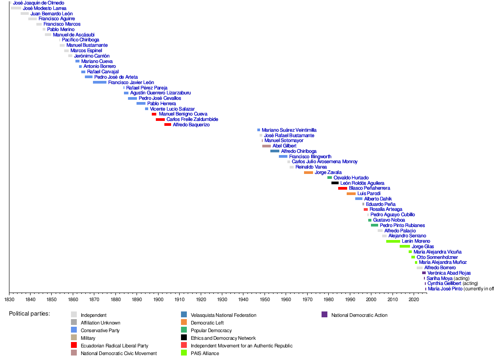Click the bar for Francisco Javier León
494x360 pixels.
coord(100,82)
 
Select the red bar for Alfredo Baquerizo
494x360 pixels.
coord(168,124)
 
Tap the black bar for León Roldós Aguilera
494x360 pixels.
coord(335,183)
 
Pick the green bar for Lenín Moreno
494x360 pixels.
coord(393,241)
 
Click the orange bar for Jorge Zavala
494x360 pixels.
coord(309,173)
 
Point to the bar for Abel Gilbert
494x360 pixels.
coord(266,146)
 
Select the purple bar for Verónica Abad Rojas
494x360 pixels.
coord(423,273)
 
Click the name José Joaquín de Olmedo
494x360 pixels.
coord(39,3)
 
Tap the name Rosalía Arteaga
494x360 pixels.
coord(386,209)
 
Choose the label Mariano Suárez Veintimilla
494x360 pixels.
coord(289,130)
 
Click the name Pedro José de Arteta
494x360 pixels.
coord(116,77)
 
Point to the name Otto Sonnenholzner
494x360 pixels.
coord(437,257)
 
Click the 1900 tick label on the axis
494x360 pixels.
coord(158,299)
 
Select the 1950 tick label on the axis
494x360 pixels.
coord(265,299)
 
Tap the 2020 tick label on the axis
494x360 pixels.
coord(413,299)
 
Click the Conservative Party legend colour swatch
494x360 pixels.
coord(74,330)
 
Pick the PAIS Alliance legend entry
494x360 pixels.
coord(205,353)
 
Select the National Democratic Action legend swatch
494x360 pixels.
coord(325,315)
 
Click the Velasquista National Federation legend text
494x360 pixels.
coord(223,315)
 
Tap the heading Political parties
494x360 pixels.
coord(29,313)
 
